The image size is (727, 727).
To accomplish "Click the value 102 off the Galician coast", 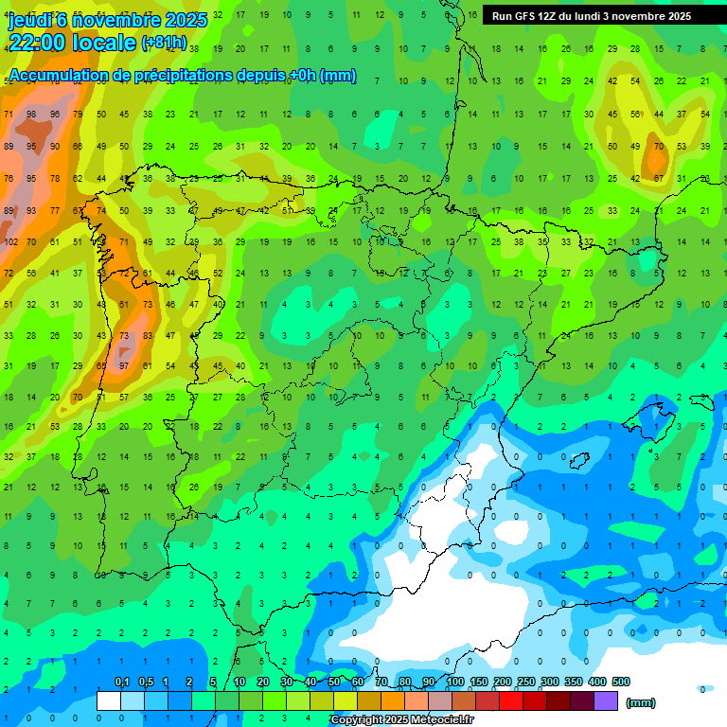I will [x=10, y=241].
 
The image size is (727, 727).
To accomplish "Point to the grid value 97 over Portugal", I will [x=123, y=365].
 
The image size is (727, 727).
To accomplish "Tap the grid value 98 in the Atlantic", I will [x=32, y=114].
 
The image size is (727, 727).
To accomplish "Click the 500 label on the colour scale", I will [x=621, y=682].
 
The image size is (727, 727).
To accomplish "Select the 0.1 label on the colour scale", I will [x=121, y=682].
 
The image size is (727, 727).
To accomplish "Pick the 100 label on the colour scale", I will [x=455, y=682].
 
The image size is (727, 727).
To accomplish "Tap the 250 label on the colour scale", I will [x=526, y=682].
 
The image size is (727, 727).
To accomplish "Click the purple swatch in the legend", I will [x=606, y=700].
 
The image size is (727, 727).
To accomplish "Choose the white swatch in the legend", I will [x=109, y=700].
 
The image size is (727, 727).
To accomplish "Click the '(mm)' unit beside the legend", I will [x=642, y=702].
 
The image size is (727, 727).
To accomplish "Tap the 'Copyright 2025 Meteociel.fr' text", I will [x=401, y=720].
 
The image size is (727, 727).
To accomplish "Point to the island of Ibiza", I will [x=580, y=461].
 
